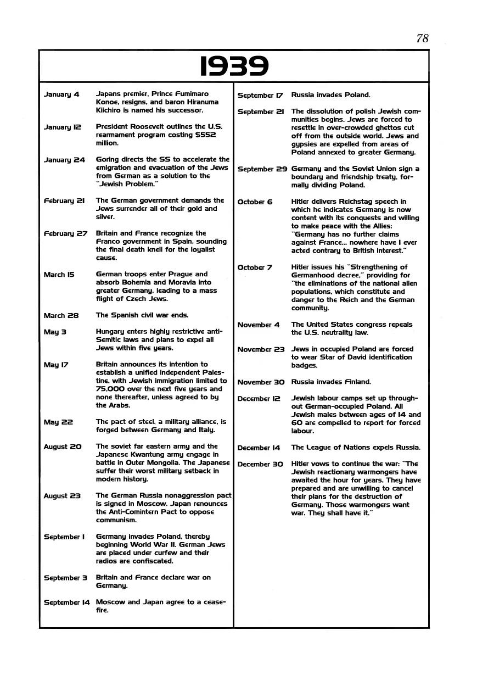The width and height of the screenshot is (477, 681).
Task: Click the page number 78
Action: (x=422, y=38)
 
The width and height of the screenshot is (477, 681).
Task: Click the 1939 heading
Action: (x=234, y=67)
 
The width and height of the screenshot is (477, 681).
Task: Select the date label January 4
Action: (x=61, y=94)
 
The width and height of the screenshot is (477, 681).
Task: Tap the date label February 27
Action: (x=65, y=233)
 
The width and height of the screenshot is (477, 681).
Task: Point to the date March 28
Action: (x=61, y=316)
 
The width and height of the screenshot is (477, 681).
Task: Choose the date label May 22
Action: (x=58, y=422)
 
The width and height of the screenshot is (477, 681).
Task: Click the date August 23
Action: (x=62, y=496)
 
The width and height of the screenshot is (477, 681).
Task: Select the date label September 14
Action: (x=66, y=602)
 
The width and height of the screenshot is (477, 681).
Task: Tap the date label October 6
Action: (x=255, y=202)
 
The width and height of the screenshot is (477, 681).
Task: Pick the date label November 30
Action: (x=261, y=382)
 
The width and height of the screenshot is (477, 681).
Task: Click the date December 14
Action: (x=260, y=448)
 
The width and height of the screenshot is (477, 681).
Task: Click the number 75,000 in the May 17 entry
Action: (x=110, y=389)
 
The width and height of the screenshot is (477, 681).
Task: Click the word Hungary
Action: (x=111, y=332)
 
